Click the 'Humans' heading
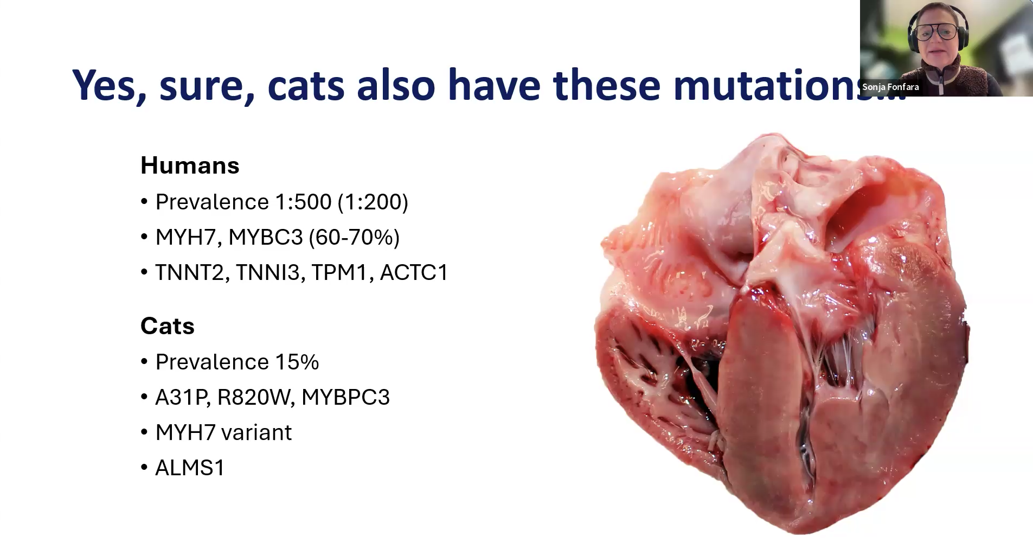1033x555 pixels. (x=190, y=165)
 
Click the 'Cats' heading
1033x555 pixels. (x=167, y=326)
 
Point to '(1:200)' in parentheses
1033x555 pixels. (x=373, y=202)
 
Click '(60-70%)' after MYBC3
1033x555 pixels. (x=354, y=237)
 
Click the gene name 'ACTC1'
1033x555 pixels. (x=414, y=272)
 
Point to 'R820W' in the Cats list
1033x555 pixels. (x=255, y=397)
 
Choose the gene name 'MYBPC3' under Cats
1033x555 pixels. (x=345, y=397)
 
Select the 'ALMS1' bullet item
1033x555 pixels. (x=190, y=468)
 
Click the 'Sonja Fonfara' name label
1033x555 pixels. (x=890, y=87)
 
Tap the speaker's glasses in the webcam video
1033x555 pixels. (x=936, y=31)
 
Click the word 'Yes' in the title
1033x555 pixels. (x=108, y=85)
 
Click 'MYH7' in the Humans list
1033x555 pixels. (x=185, y=237)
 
